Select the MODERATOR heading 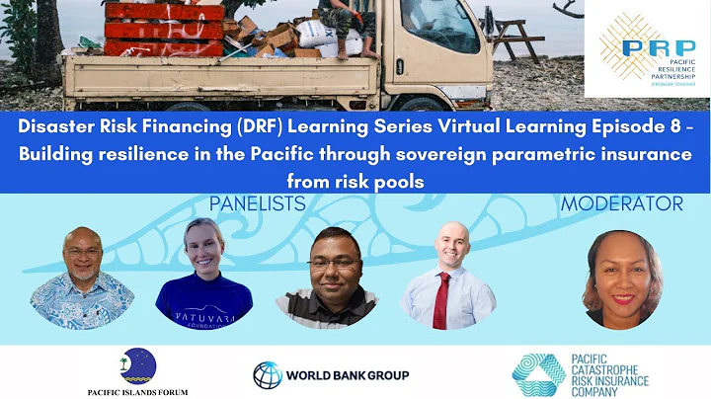621,204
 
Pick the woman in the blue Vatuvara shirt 204,277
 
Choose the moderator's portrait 622,279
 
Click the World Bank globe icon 267,374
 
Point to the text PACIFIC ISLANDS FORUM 137,391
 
